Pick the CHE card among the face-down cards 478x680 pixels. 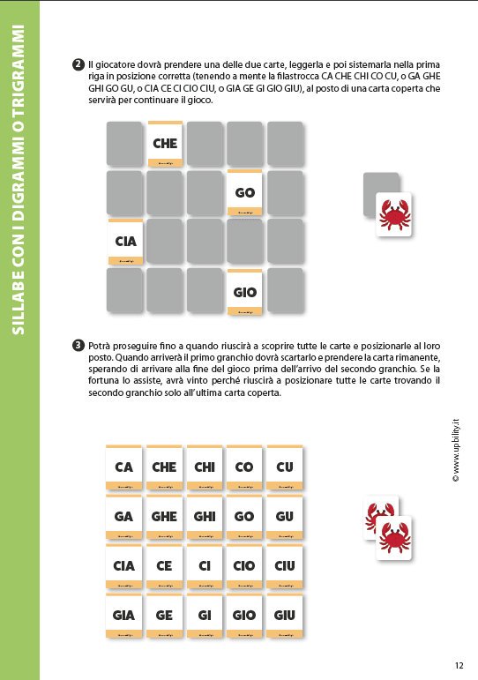tap(165, 144)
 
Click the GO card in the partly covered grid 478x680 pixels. tap(245, 193)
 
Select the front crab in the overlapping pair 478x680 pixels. tap(394, 537)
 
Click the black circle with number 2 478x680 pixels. tap(78, 65)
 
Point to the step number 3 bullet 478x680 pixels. tap(78, 344)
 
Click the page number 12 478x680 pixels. tap(459, 666)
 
